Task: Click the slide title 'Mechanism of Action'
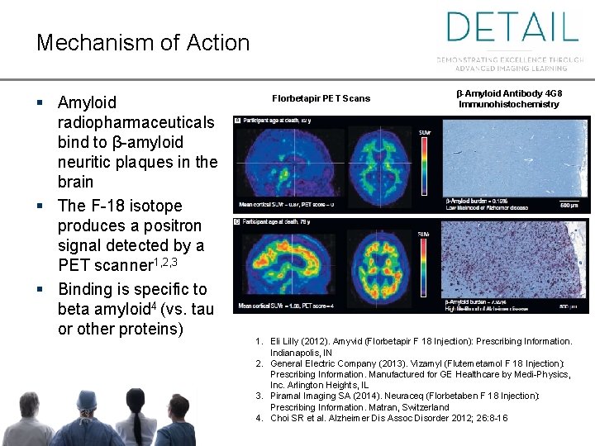point(142,43)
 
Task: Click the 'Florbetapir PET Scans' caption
point(321,98)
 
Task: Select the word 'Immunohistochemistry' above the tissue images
point(508,105)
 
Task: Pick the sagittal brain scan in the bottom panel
point(285,263)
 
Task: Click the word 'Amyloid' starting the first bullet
point(87,102)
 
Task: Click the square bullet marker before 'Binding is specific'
point(40,290)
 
